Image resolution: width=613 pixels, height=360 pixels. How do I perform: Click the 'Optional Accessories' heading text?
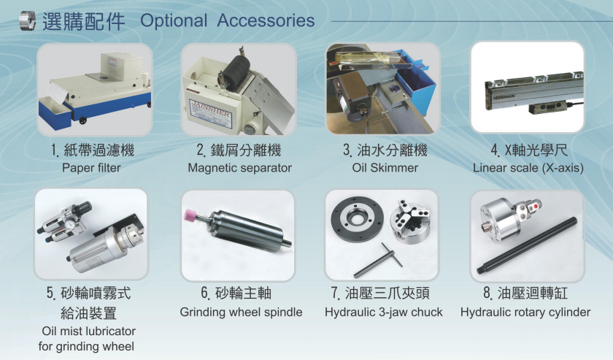click(227, 20)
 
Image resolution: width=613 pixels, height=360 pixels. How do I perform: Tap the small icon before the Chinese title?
click(27, 20)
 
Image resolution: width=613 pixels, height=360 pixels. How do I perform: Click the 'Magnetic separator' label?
click(239, 168)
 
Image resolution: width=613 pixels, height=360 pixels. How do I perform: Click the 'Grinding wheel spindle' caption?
click(241, 313)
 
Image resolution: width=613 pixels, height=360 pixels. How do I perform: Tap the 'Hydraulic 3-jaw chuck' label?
click(384, 313)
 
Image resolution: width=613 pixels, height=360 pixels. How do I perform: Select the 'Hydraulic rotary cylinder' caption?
click(525, 313)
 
